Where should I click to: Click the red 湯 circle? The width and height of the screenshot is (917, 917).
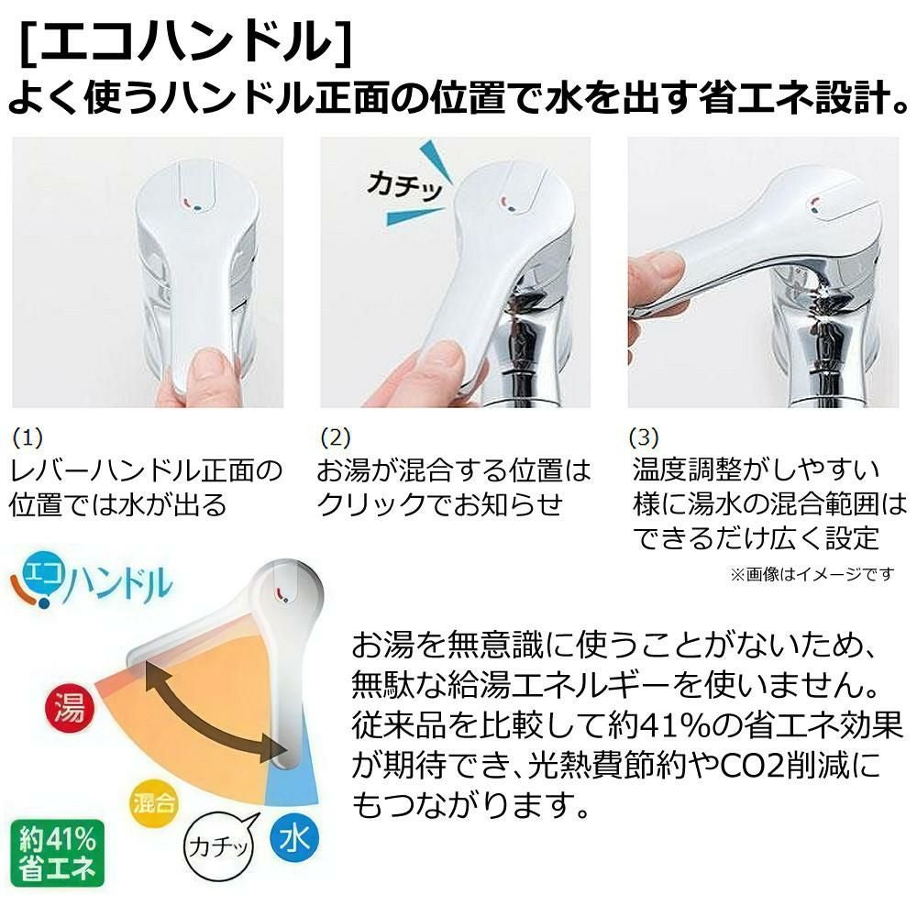pos(65,711)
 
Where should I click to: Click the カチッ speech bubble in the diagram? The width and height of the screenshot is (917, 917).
pos(217,846)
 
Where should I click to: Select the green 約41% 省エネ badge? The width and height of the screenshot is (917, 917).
pos(57,853)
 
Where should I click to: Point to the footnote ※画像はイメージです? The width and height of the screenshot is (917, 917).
pos(811,575)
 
